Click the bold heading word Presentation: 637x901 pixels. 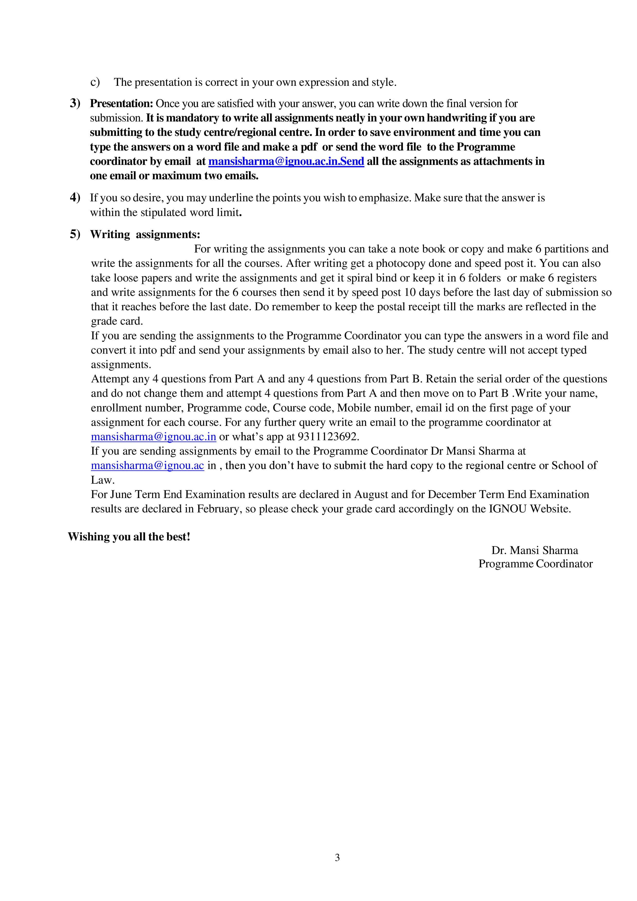(x=121, y=104)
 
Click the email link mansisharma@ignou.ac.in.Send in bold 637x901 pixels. (x=286, y=161)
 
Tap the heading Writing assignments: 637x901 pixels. (x=145, y=234)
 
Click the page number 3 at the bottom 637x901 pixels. (x=337, y=858)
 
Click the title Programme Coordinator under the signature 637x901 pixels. (x=535, y=564)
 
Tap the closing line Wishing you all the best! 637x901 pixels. (x=129, y=537)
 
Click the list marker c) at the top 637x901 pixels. (x=95, y=82)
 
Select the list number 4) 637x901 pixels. (x=75, y=198)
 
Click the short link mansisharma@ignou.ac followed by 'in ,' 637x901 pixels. (x=147, y=465)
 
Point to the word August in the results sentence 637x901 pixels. (x=371, y=494)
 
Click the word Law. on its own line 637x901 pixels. (x=103, y=480)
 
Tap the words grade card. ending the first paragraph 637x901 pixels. (x=117, y=321)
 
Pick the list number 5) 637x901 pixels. (x=75, y=234)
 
